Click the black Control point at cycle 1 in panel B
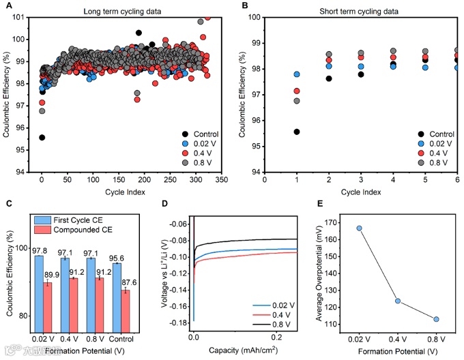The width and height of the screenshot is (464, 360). (297, 132)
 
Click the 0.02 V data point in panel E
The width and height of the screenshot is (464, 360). (359, 228)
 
